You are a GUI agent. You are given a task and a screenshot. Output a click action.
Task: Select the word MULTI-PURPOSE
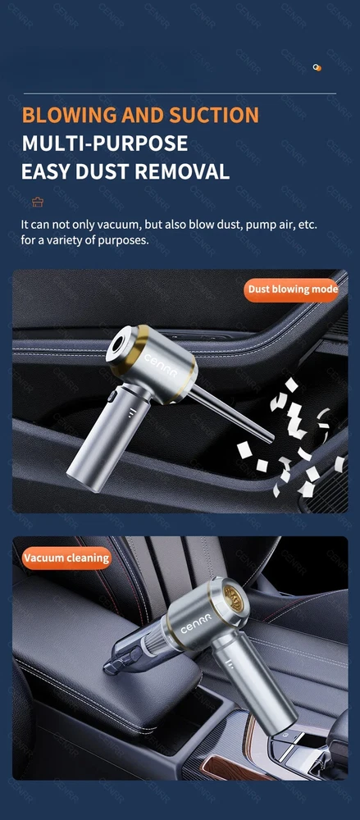coord(105,143)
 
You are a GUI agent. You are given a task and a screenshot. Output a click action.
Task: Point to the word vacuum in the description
coord(119,225)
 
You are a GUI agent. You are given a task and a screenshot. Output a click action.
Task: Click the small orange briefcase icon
coord(38,202)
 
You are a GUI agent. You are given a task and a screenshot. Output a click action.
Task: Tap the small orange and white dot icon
coord(317,67)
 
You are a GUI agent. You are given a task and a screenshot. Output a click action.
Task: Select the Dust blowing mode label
coord(293,289)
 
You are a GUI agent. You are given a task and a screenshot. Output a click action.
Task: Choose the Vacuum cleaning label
coord(66,558)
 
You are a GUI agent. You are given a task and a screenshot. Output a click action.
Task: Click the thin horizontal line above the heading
coord(180,93)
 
